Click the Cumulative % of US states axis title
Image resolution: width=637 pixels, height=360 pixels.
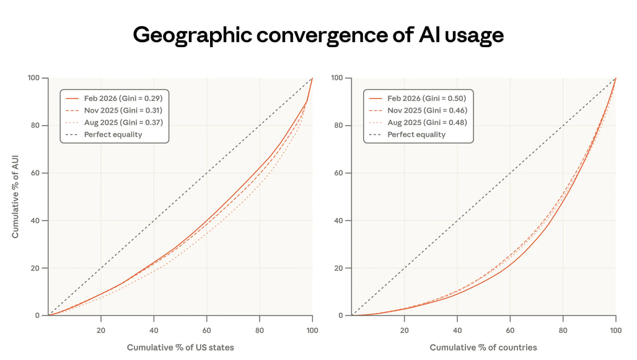pos(180,348)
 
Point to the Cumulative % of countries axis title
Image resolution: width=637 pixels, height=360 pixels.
pos(483,348)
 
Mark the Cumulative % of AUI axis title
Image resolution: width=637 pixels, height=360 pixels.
pos(15,197)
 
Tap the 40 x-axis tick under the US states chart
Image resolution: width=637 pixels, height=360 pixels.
pos(154,330)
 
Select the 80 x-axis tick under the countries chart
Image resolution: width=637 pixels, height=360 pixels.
pos(563,330)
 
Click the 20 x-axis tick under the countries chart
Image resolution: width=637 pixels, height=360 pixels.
pos(405,330)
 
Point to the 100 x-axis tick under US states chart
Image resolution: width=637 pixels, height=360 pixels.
pos(312,330)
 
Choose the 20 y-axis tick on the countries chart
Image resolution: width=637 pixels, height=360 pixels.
pos(338,268)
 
